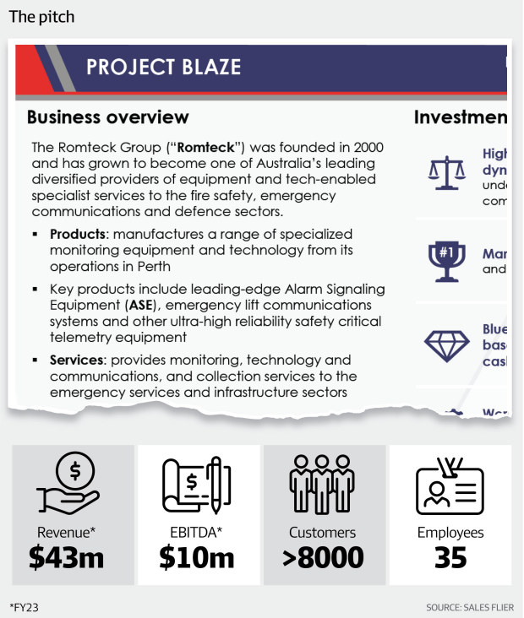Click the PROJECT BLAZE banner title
pyautogui.click(x=163, y=67)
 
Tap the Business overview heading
pyautogui.click(x=108, y=117)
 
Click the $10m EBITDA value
pyautogui.click(x=196, y=558)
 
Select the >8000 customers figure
pyautogui.click(x=322, y=558)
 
